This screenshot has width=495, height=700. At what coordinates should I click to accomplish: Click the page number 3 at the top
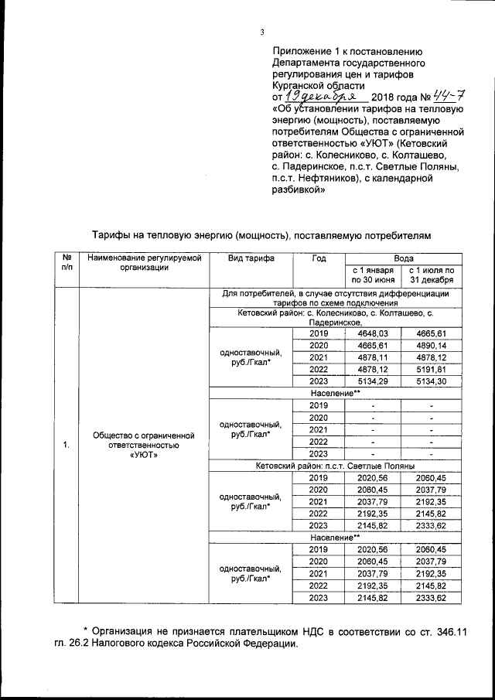(x=262, y=32)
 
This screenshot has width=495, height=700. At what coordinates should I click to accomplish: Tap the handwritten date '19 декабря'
(x=319, y=96)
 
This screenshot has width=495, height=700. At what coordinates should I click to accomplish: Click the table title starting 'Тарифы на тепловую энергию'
(x=259, y=234)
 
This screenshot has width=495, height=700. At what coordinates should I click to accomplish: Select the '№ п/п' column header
(x=67, y=262)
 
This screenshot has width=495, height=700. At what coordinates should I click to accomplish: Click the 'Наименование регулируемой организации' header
(x=145, y=262)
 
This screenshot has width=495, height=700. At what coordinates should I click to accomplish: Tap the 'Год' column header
(x=319, y=258)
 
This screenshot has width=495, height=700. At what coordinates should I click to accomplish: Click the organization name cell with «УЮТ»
(x=145, y=445)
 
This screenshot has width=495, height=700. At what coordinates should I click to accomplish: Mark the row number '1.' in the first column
(x=67, y=445)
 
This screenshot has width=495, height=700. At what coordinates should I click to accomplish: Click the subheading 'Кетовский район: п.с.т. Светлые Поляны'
(x=336, y=466)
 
